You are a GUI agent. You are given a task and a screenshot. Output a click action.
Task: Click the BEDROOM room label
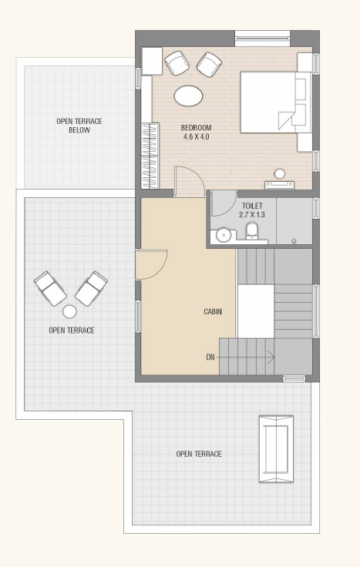click(x=196, y=128)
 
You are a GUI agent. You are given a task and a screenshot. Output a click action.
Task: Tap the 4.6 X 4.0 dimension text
click(x=196, y=137)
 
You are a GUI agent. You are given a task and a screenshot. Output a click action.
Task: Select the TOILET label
click(x=252, y=206)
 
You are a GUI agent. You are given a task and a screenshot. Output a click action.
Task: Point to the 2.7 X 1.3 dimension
click(x=252, y=215)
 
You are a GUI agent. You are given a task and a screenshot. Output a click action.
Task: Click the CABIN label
click(x=213, y=311)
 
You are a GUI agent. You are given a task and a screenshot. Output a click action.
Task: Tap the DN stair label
click(x=210, y=357)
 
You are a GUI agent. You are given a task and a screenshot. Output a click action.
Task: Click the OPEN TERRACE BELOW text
click(x=79, y=126)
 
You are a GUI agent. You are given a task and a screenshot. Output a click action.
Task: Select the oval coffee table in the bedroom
click(x=188, y=96)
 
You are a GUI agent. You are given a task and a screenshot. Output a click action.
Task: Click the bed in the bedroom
click(x=276, y=102)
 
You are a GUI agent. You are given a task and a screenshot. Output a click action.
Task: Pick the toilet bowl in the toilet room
click(x=252, y=230)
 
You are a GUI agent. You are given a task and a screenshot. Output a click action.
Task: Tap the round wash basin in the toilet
click(x=224, y=235)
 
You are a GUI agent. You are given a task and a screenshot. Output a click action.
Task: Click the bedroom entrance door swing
click(x=190, y=182)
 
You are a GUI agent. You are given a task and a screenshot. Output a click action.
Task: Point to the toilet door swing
click(x=224, y=203)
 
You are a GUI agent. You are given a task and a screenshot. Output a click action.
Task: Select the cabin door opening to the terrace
click(x=152, y=264)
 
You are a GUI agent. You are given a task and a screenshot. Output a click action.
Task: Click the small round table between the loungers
click(x=69, y=311)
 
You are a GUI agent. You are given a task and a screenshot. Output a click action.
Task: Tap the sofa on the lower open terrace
click(x=276, y=449)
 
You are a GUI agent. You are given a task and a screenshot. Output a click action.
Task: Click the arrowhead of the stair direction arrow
click(x=272, y=357)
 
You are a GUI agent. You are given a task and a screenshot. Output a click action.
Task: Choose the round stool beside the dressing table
click(x=279, y=174)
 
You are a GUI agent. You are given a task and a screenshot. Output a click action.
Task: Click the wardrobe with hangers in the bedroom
click(x=150, y=156)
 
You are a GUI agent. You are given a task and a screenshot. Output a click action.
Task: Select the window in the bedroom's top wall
click(x=262, y=38)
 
